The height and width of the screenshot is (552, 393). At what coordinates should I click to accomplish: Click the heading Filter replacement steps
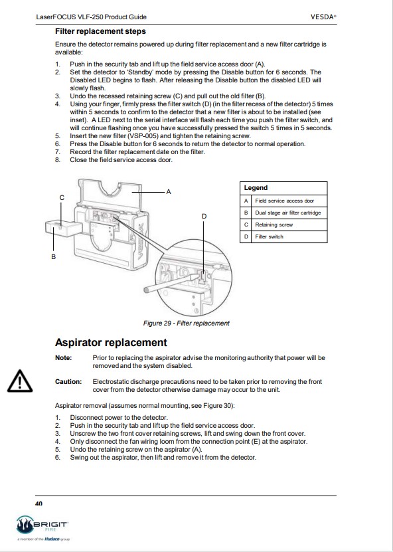(100, 31)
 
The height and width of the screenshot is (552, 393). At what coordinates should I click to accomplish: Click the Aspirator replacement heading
(111, 343)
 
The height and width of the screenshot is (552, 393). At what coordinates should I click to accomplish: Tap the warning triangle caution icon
(20, 381)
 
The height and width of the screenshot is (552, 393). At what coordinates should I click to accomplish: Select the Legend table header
(256, 188)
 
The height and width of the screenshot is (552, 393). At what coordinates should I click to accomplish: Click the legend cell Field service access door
(284, 201)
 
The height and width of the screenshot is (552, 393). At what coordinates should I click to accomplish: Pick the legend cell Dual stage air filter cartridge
(288, 213)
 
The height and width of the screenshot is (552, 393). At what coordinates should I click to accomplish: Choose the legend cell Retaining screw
(274, 225)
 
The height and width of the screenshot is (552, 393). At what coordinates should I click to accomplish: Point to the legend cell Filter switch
(269, 236)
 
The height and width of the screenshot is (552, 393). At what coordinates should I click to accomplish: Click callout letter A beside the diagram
(169, 192)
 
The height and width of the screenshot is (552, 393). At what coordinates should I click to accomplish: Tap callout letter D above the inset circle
(204, 217)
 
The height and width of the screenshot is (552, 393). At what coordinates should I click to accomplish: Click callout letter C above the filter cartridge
(62, 198)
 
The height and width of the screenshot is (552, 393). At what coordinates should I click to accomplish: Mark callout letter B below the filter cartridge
(54, 257)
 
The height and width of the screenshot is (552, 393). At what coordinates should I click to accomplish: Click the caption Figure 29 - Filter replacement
(186, 323)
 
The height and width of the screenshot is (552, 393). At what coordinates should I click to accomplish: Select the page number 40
(39, 504)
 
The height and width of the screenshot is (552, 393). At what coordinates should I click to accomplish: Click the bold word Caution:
(68, 381)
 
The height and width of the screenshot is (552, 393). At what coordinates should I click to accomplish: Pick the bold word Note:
(63, 358)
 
